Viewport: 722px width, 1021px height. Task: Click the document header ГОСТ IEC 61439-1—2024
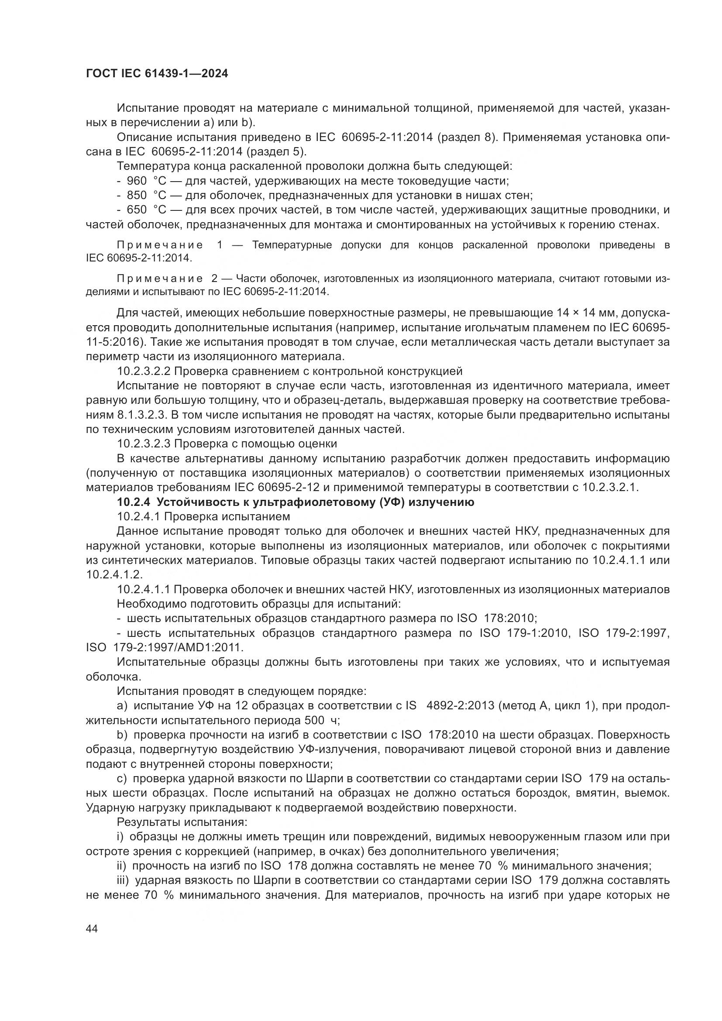tap(157, 74)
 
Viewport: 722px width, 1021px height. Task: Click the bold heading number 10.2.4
tap(135, 502)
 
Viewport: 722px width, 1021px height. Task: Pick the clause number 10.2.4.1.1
tap(143, 590)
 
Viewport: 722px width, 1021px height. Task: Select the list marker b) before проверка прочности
tap(122, 735)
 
